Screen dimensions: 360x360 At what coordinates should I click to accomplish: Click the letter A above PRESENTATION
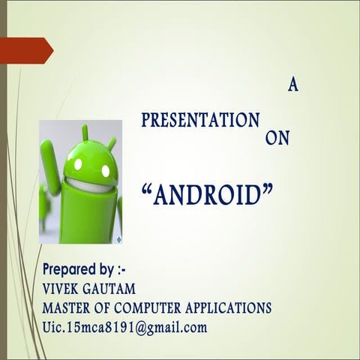[292, 85]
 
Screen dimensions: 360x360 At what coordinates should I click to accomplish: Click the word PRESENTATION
[200, 120]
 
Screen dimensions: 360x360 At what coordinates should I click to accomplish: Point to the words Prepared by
[83, 269]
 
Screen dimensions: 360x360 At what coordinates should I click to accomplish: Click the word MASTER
[68, 307]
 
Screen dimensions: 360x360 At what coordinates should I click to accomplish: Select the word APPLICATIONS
[234, 307]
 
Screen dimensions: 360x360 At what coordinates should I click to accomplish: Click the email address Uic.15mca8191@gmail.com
[124, 327]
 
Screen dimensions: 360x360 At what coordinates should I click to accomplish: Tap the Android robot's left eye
[78, 164]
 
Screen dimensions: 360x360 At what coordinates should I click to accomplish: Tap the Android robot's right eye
[106, 171]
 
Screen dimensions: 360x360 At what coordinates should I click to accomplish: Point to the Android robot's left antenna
[85, 133]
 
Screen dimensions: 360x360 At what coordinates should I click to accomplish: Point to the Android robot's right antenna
[112, 142]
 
